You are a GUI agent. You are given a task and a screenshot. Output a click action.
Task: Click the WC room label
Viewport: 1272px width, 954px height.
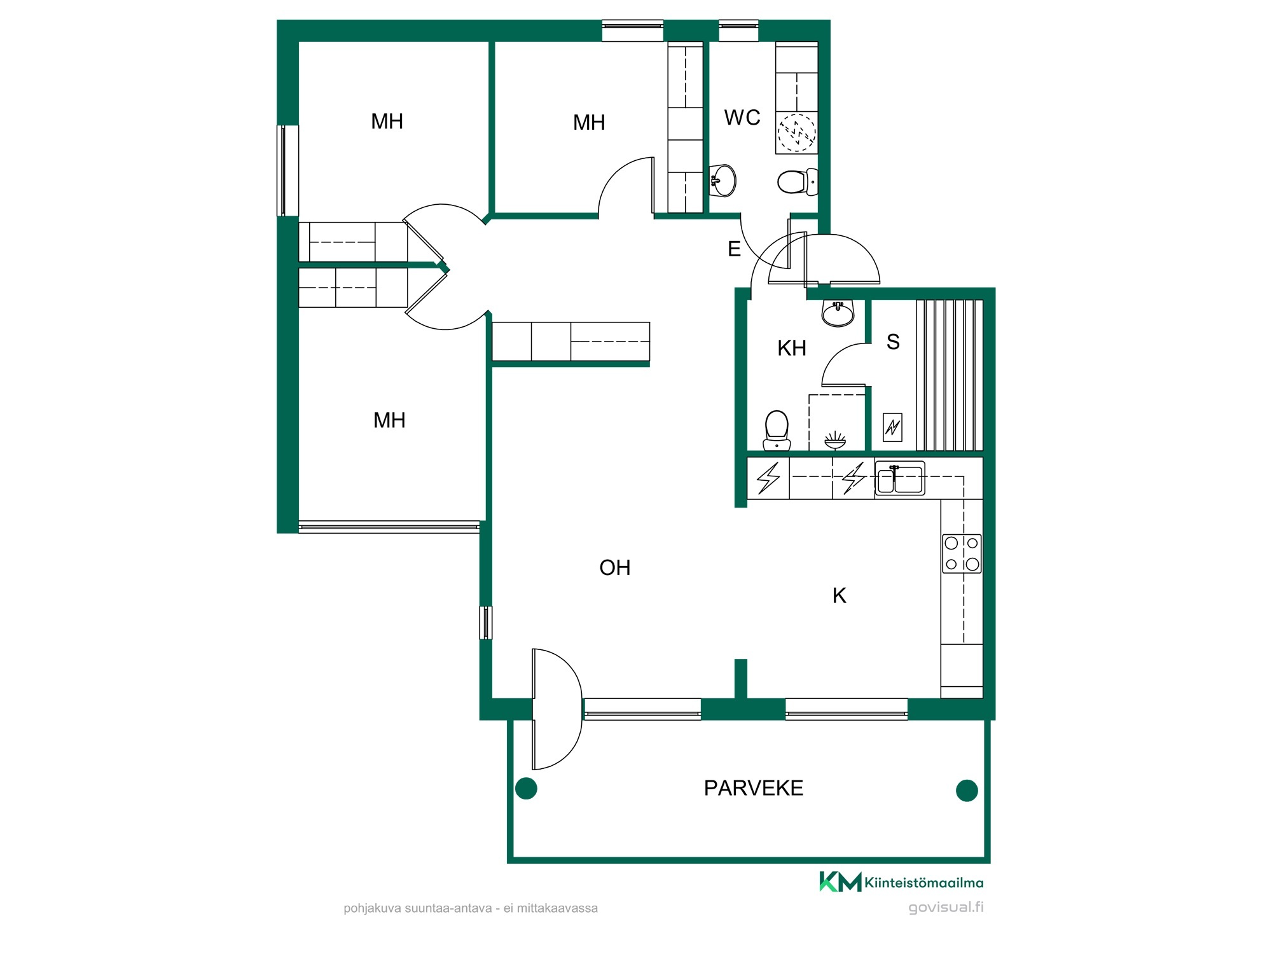[x=742, y=118]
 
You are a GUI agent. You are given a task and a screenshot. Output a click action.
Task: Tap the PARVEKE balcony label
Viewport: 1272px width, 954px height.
[x=754, y=788]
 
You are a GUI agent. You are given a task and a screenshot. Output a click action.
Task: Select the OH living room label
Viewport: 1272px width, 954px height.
[x=615, y=567]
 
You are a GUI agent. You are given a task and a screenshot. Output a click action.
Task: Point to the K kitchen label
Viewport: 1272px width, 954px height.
[x=840, y=595]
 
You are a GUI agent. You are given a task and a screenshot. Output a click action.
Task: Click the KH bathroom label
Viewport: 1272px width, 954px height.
[x=792, y=348]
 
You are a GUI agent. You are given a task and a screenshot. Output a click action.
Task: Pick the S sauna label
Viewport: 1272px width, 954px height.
[x=893, y=342]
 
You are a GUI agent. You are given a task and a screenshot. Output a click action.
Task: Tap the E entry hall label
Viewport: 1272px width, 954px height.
[x=734, y=249]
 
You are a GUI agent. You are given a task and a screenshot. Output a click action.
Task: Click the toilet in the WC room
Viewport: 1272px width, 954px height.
[x=798, y=182]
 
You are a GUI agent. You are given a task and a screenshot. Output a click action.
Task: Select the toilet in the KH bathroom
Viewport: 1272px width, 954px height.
[x=777, y=430]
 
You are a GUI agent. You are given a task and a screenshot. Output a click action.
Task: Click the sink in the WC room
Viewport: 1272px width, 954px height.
[x=723, y=180]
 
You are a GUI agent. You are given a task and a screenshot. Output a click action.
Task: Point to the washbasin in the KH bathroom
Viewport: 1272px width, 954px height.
[x=838, y=313]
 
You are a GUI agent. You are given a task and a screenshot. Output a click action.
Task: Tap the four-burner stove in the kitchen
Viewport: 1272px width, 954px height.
[x=962, y=553]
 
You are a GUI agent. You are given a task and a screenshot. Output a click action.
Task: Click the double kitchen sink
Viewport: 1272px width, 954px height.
[x=899, y=478]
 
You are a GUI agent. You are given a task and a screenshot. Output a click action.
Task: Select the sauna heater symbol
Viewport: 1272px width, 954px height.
[x=893, y=427]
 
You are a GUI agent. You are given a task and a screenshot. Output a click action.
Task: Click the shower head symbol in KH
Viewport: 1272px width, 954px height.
[x=835, y=440]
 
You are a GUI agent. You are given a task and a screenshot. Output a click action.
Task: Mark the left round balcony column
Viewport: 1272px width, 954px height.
[x=526, y=789]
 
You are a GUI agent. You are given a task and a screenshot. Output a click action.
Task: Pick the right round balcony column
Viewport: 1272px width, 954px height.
[x=967, y=791]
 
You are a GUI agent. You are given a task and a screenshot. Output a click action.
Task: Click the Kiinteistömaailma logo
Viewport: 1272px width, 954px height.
[x=901, y=882]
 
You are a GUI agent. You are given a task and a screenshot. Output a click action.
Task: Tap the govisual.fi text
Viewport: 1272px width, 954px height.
[x=946, y=908]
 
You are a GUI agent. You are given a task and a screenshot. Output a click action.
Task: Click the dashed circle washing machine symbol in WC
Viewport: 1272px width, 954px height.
[x=796, y=133]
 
